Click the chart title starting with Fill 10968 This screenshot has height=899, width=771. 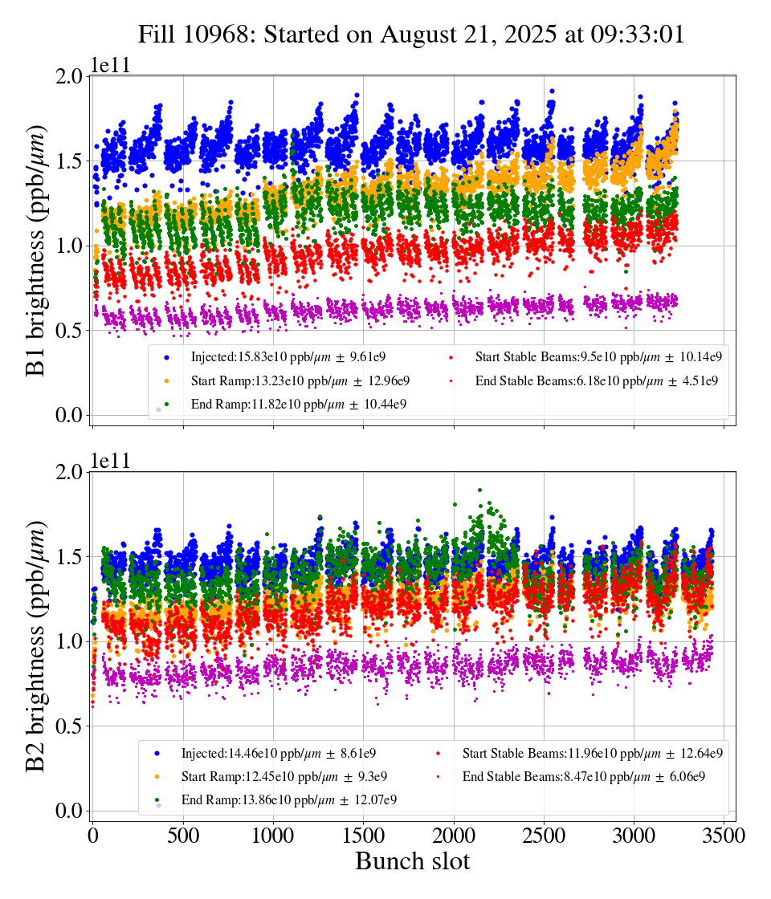[x=411, y=35]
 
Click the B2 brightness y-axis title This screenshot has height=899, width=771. [x=35, y=646]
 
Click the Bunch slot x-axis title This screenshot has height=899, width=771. [x=412, y=862]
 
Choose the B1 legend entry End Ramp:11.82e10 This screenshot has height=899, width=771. [x=298, y=404]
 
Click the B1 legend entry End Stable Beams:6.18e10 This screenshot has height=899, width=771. [x=598, y=380]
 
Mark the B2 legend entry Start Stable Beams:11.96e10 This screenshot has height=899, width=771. [x=592, y=753]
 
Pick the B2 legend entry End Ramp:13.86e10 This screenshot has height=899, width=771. [x=288, y=800]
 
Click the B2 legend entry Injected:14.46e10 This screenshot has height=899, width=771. [x=279, y=753]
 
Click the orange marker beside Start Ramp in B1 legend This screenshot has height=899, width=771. [x=166, y=380]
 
